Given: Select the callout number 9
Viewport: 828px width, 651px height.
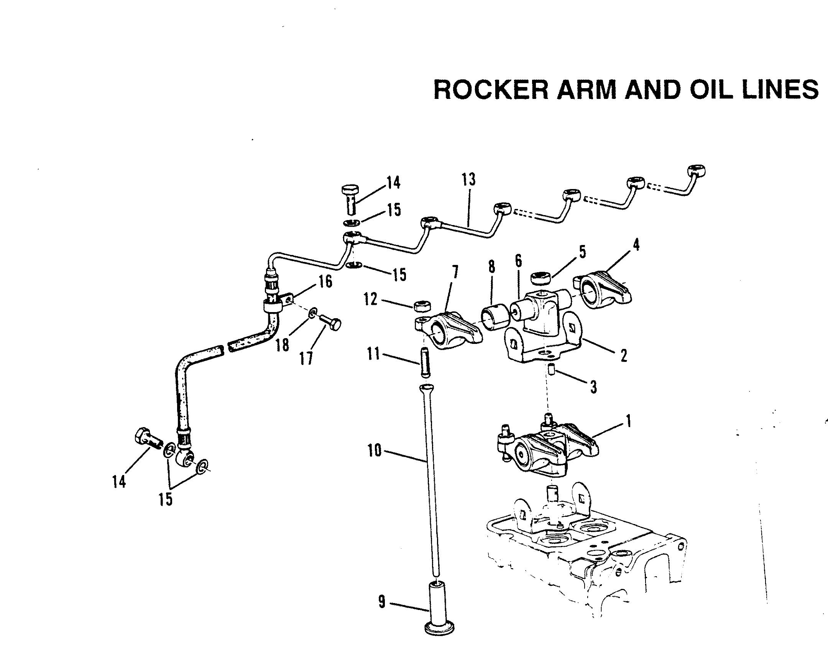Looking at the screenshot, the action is tap(381, 602).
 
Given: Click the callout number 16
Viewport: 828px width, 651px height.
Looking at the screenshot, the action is tap(325, 282).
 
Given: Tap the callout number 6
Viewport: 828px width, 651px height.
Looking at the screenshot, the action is tap(518, 261).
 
